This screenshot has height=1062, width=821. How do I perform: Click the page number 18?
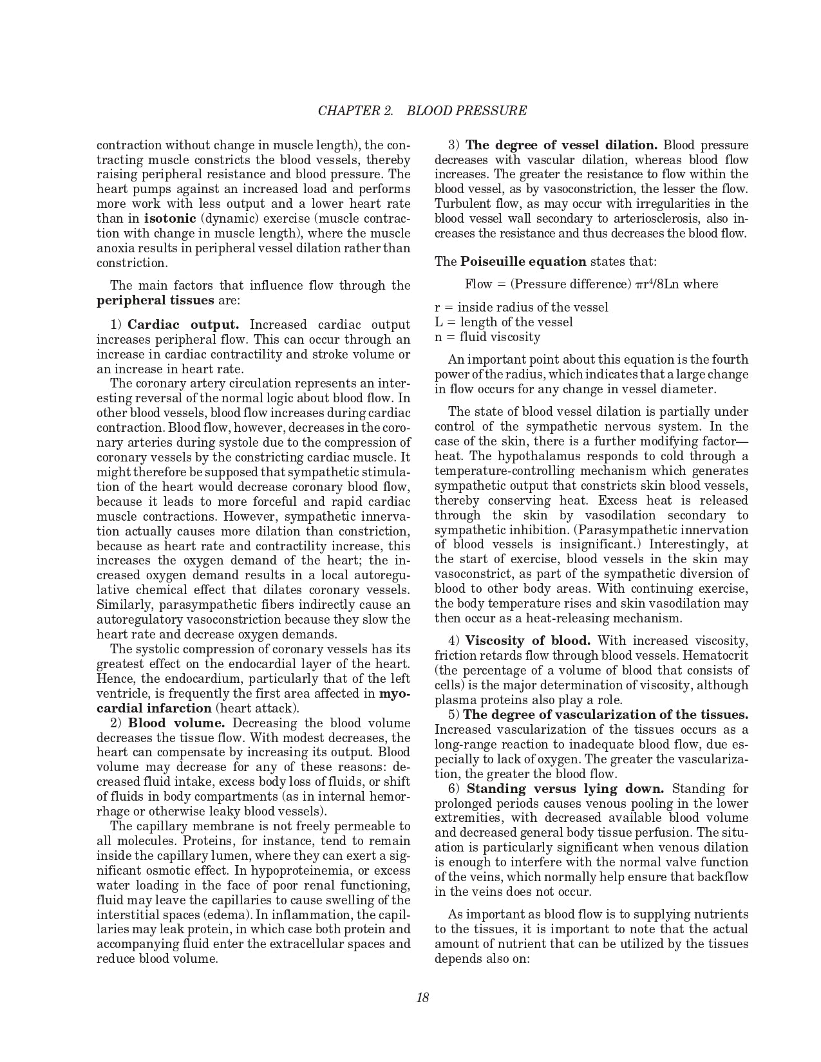click(422, 998)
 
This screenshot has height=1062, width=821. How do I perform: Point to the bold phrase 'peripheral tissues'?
click(155, 300)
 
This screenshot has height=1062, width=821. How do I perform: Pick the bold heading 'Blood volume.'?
click(176, 723)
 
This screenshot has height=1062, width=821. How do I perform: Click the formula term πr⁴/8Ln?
click(657, 284)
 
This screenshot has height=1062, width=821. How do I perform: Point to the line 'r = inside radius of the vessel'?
click(521, 307)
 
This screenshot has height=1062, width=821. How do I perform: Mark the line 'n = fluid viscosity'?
click(487, 337)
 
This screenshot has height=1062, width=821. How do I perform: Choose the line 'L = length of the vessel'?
click(504, 322)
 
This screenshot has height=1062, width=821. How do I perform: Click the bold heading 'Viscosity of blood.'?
click(527, 640)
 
